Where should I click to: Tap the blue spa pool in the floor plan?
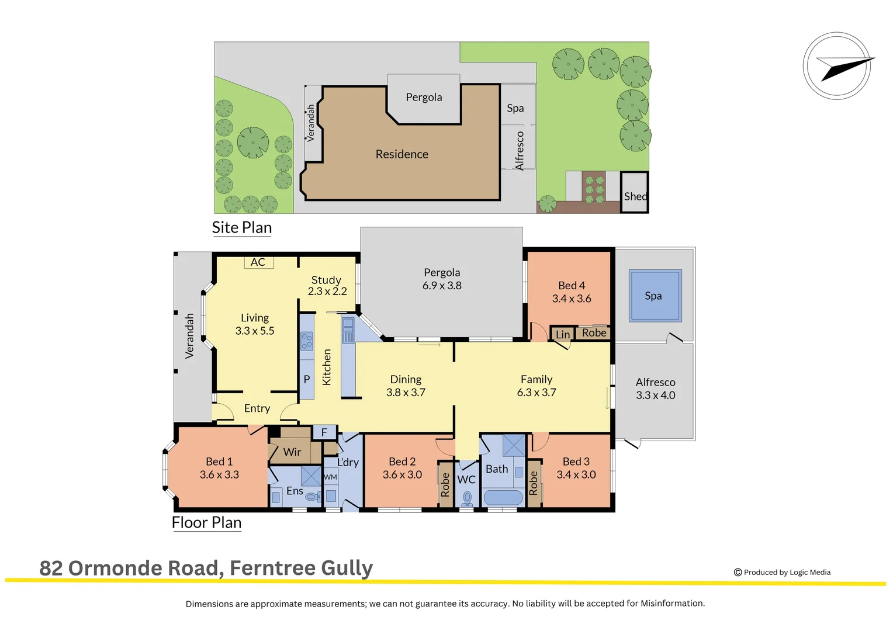click(655, 295)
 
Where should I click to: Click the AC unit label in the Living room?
click(258, 262)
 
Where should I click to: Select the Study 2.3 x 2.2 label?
click(327, 286)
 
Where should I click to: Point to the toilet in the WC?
click(467, 498)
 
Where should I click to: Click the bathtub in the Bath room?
click(503, 498)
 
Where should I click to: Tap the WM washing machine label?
click(330, 477)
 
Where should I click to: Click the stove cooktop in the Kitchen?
click(306, 341)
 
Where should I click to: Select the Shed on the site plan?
click(635, 192)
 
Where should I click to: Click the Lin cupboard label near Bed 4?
click(562, 334)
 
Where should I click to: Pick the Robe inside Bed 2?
click(445, 485)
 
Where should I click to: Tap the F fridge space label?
click(324, 432)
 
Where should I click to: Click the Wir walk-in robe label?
click(292, 452)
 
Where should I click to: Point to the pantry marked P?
click(306, 379)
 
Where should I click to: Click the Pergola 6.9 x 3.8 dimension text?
click(442, 286)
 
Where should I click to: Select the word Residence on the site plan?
click(401, 154)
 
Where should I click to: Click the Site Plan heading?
click(242, 227)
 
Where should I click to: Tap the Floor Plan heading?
click(206, 522)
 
